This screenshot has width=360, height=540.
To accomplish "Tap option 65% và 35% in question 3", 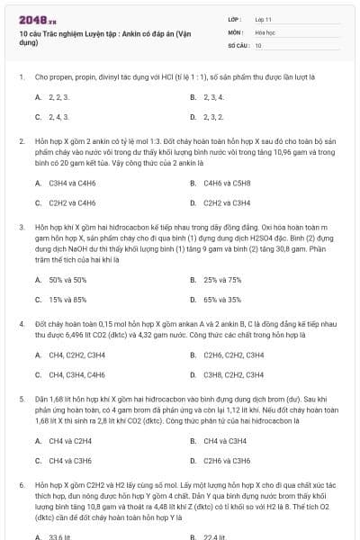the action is [222, 300].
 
